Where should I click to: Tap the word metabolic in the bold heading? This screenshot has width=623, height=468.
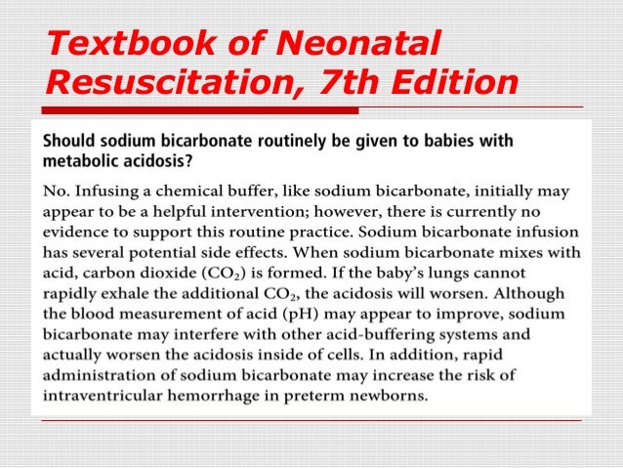(x=85, y=161)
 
